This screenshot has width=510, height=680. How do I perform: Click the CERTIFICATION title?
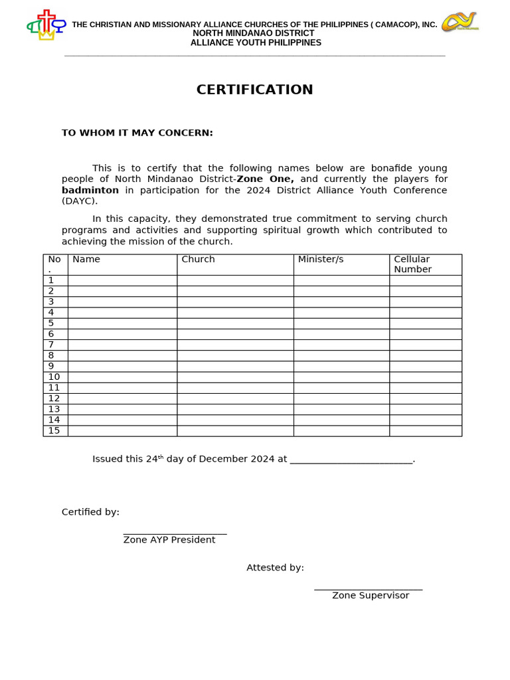[254, 90]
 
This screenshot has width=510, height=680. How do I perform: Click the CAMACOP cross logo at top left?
[46, 25]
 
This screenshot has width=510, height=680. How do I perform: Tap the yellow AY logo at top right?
[460, 21]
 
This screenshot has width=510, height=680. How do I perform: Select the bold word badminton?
[90, 190]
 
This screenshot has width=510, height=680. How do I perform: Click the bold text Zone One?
[265, 179]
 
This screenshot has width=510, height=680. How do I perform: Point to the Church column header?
[198, 260]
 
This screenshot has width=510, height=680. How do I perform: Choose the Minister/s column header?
[321, 260]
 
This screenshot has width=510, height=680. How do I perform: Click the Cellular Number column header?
[412, 264]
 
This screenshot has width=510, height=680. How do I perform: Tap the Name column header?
[86, 260]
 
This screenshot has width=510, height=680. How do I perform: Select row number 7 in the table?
[51, 345]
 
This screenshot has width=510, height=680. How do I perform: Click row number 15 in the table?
[54, 430]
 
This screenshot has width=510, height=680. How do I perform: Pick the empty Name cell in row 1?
[122, 281]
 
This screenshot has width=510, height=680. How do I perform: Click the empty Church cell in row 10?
[235, 377]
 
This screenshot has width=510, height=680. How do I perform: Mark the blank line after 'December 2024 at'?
[351, 460]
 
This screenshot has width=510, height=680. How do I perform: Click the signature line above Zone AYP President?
[175, 533]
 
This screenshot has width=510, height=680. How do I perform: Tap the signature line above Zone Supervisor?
[368, 589]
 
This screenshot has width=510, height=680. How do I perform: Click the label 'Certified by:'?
[90, 512]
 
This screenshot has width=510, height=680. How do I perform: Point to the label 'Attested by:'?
[275, 568]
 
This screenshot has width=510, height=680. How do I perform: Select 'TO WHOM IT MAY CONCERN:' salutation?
[137, 133]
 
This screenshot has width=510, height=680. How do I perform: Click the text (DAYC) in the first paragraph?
[80, 201]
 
